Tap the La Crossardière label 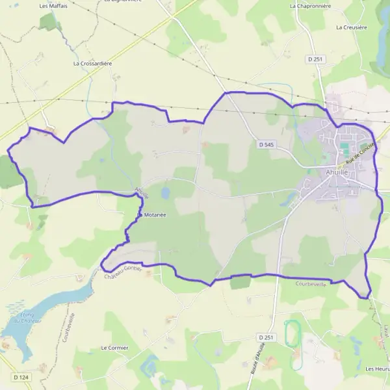click(93, 64)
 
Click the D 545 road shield click(265, 144)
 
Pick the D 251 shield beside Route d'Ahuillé click(265, 338)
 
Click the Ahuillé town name click(338, 173)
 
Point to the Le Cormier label click(114, 348)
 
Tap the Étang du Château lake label click(26, 317)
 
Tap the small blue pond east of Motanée click(165, 192)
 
